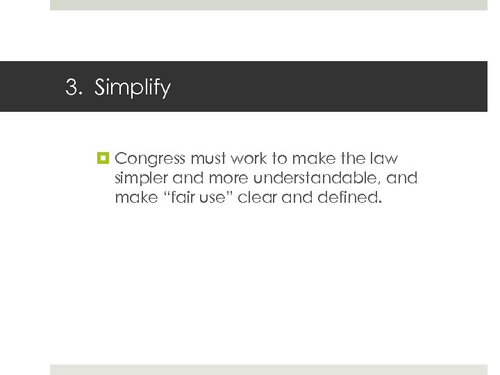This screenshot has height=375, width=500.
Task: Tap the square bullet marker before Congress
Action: pos(103,159)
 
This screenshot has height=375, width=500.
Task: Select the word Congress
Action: pos(149,160)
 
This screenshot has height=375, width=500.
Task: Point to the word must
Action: pos(205,159)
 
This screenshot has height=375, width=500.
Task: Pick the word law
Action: pos(385,159)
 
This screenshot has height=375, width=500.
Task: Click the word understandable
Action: pos(310,178)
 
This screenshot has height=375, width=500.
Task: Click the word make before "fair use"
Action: pos(136,198)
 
